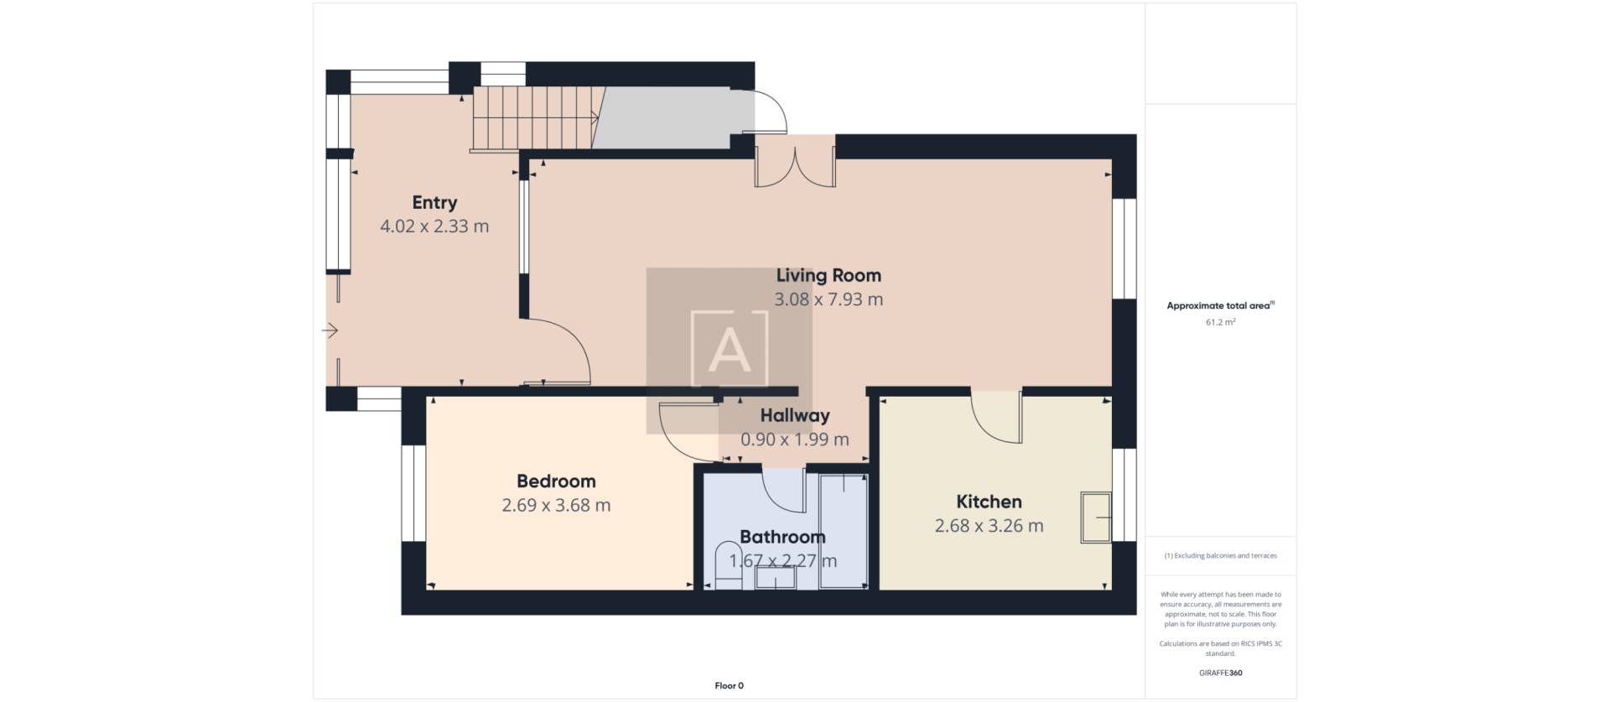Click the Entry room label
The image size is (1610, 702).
[434, 202]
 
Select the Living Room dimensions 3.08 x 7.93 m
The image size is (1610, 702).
[828, 299]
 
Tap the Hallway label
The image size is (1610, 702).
[794, 415]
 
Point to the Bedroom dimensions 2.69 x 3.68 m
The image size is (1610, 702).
[556, 506]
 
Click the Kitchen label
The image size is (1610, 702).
[989, 502]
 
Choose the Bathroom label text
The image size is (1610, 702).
[782, 537]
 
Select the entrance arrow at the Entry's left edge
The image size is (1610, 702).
[330, 331]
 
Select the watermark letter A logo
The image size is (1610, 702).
[729, 349]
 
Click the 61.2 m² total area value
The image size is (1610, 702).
[1220, 322]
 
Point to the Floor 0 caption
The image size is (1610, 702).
[729, 686]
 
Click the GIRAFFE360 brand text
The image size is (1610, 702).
[1220, 673]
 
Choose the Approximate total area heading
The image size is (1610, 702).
[1219, 305]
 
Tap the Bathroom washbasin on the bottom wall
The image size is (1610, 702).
[775, 578]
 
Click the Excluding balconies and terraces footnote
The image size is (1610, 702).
[1220, 556]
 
